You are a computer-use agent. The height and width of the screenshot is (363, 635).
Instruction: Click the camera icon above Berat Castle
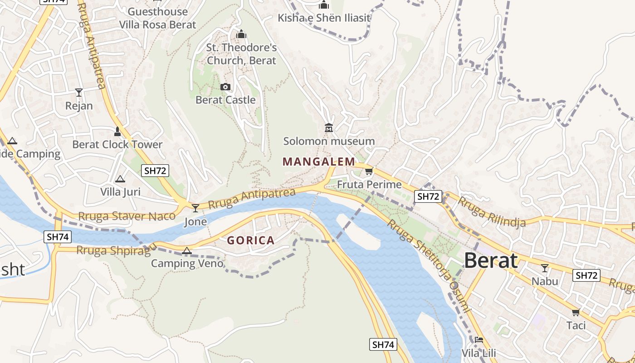225,87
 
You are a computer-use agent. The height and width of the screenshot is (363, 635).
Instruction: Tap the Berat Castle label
225,100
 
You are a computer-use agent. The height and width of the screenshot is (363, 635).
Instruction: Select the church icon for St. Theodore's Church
241,34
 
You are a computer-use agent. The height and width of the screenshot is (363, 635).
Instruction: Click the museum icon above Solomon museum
329,128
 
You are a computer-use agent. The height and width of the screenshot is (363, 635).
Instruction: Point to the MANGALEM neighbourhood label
319,162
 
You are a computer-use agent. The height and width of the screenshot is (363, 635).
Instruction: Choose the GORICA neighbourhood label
251,240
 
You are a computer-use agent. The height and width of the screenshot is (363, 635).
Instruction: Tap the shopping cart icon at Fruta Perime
369,171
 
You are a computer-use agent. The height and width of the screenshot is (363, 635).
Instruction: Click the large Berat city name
491,261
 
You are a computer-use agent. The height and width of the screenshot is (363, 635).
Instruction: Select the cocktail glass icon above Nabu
545,268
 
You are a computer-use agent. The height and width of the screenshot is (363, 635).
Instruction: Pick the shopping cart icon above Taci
576,312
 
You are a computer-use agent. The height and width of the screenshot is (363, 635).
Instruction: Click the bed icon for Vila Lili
479,340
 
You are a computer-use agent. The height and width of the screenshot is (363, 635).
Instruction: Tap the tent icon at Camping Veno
186,250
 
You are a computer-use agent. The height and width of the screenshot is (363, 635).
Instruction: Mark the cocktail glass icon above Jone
195,208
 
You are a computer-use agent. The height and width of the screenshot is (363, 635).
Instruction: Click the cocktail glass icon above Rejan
79,93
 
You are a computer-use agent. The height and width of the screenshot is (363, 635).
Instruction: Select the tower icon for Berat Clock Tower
117,132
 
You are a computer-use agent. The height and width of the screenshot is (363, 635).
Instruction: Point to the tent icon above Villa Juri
120,179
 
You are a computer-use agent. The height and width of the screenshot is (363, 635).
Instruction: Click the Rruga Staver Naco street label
127,216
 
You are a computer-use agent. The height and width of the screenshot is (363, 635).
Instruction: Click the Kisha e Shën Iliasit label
324,18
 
